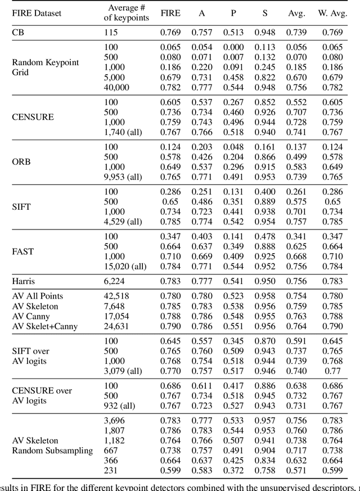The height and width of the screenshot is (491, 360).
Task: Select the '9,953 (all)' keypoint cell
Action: (x=125, y=177)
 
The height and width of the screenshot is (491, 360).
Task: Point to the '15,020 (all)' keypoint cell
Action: (x=127, y=265)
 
